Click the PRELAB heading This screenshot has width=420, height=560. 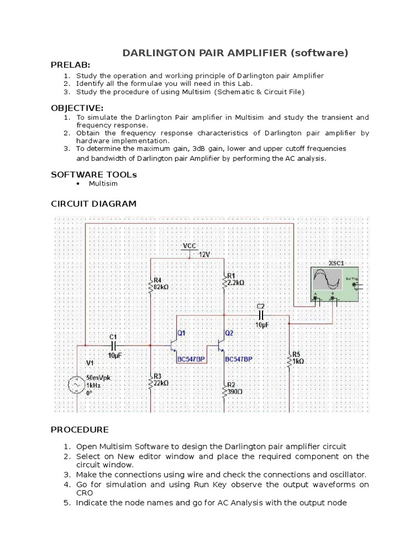(x=71, y=65)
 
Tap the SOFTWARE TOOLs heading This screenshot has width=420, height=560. (x=94, y=174)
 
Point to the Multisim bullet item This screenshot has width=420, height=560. (x=103, y=184)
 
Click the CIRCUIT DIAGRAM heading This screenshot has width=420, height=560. (x=94, y=204)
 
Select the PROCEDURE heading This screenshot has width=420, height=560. (x=80, y=430)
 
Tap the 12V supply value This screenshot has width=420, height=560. (x=204, y=255)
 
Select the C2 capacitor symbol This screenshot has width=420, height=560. (x=261, y=316)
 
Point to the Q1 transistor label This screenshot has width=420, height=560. (x=182, y=333)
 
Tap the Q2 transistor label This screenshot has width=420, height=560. (x=229, y=333)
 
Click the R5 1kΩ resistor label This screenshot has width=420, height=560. (x=298, y=358)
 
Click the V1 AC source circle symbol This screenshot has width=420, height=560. (x=75, y=386)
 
